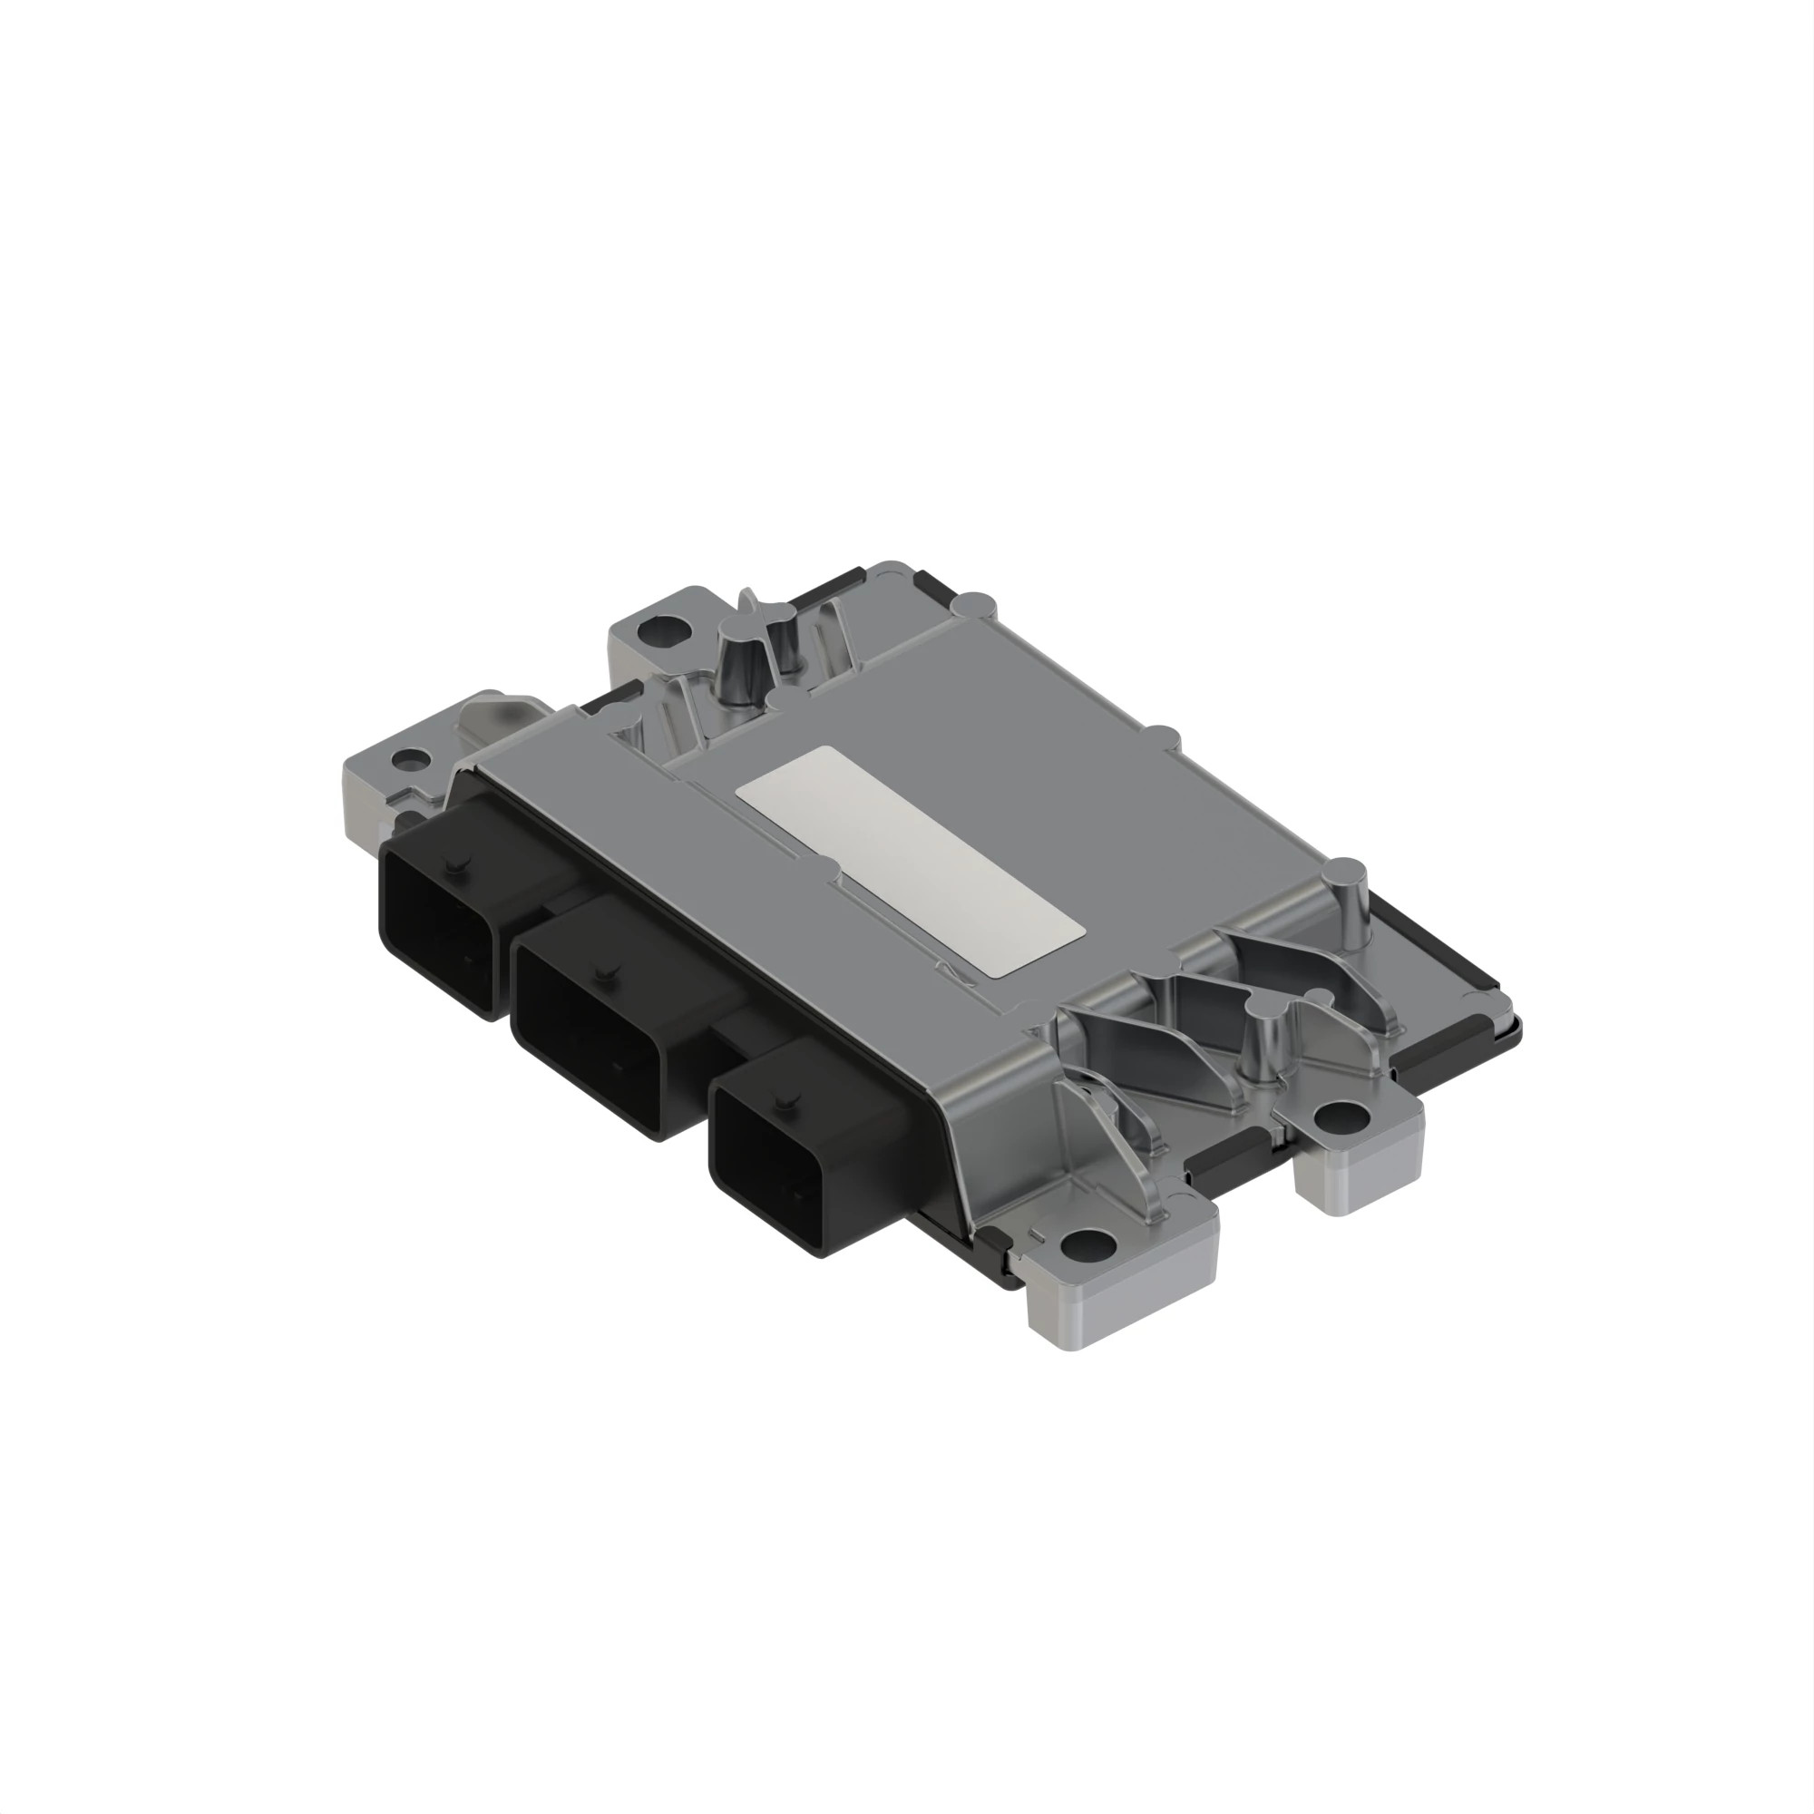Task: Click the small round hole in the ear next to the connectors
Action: (407, 756)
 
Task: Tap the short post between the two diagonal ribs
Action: (1263, 1042)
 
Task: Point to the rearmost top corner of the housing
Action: (888, 567)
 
